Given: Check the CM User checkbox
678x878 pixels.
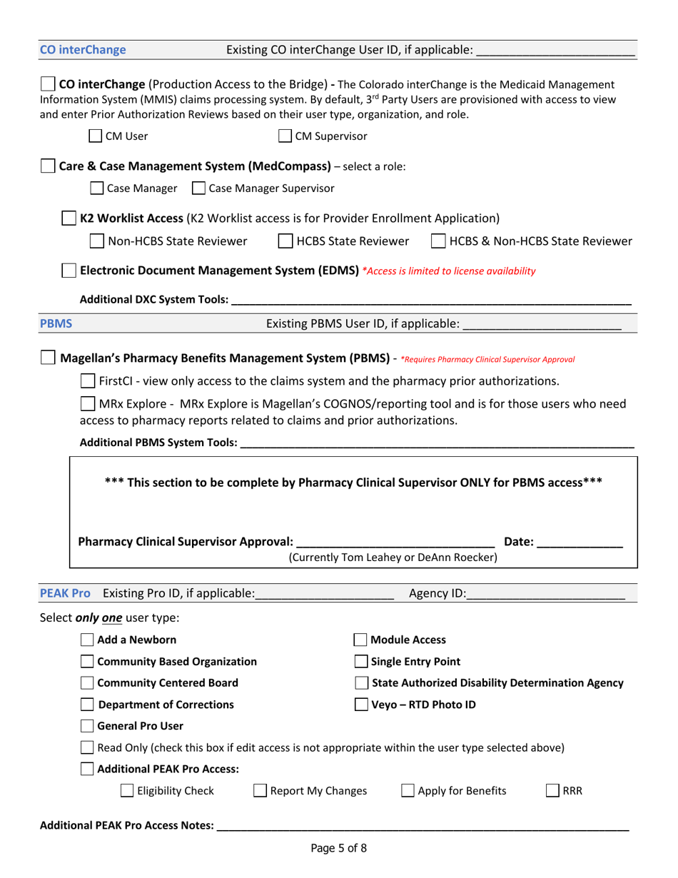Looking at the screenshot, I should point(95,136).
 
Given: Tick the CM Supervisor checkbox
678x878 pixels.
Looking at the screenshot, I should point(285,136).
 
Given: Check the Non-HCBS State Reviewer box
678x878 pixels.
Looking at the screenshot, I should point(96,242).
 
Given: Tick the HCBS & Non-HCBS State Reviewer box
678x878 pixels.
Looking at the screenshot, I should point(438,242).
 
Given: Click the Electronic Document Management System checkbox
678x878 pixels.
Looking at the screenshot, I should point(69,271).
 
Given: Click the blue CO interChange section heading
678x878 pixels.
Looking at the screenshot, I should point(83,50).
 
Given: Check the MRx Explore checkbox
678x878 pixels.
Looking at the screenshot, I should point(88,404).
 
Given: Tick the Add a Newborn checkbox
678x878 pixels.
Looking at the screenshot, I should point(87,640).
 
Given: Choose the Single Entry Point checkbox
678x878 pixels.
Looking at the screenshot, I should point(362,662).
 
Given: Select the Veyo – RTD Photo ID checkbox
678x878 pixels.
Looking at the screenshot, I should point(362,705).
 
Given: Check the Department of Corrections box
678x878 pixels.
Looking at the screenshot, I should point(87,705).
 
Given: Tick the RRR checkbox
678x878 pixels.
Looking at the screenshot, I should point(552,791).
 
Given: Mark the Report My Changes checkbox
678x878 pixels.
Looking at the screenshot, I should point(260,791).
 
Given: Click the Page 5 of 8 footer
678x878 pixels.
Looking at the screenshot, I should point(338,849).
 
